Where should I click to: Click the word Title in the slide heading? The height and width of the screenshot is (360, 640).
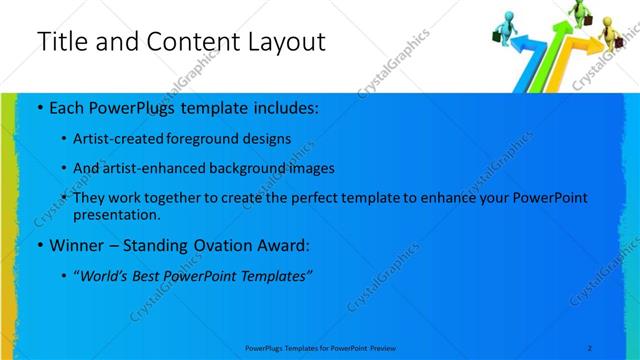(x=61, y=42)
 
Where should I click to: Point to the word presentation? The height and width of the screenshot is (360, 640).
(x=116, y=214)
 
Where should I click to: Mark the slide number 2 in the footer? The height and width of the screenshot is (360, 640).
(x=590, y=347)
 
